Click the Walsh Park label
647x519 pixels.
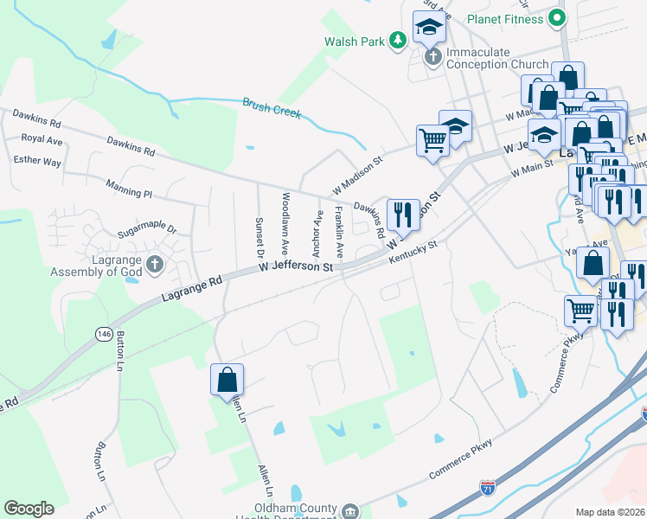(x=352, y=41)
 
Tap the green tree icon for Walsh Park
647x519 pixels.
(x=397, y=40)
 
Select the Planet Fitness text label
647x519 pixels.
(x=504, y=18)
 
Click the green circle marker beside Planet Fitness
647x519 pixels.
(x=558, y=17)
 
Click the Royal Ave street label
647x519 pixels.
(x=42, y=138)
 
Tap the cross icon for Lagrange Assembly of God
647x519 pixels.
(x=155, y=264)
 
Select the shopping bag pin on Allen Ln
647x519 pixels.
(x=227, y=379)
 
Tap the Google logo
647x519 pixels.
(x=29, y=509)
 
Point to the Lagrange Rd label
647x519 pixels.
(x=192, y=289)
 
